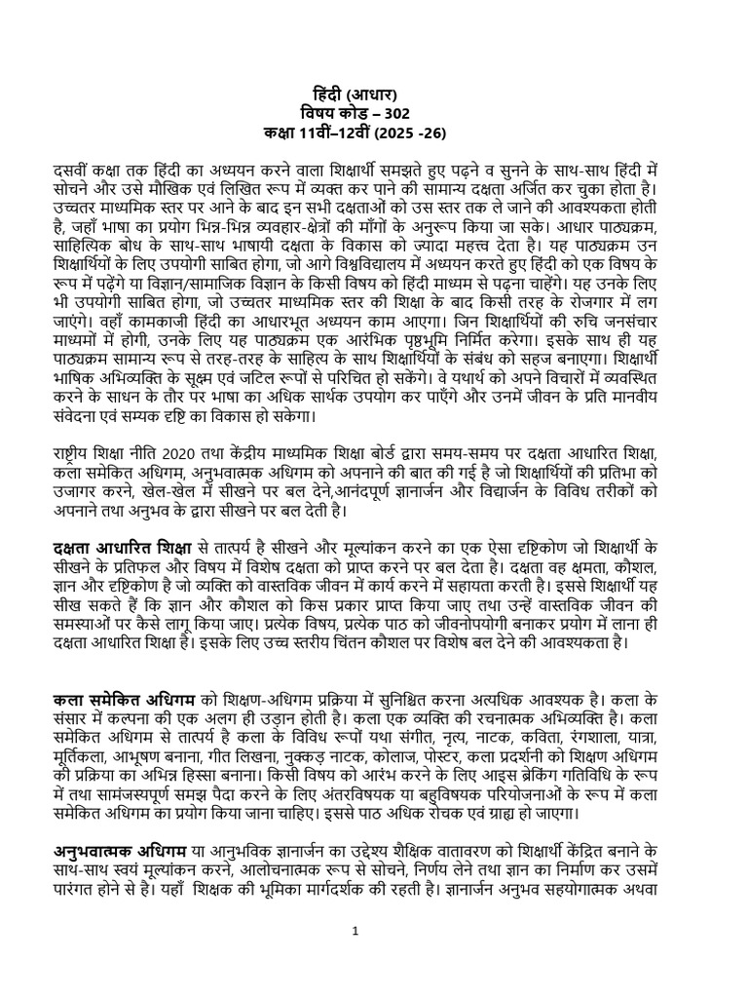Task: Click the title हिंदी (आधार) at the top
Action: tap(373, 95)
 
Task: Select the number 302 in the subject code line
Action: tap(413, 112)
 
